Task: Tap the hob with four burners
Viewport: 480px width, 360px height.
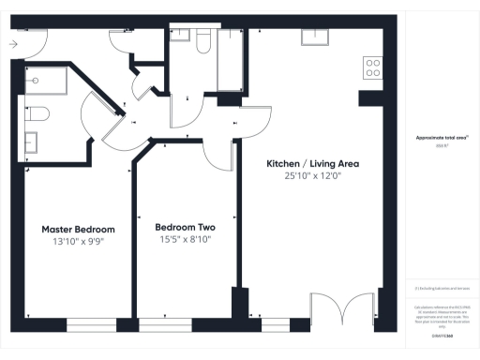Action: coord(372,67)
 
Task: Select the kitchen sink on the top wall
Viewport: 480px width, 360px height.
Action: coord(314,37)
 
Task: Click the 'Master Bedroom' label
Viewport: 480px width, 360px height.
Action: coord(78,229)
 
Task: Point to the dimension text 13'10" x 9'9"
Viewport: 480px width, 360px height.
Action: coord(78,241)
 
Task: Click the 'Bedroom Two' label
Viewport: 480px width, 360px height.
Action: coord(185,227)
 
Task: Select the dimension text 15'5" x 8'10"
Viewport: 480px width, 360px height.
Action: coord(185,239)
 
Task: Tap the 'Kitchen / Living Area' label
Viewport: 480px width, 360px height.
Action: coord(313,163)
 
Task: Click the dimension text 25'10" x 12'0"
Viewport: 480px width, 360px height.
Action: coord(313,175)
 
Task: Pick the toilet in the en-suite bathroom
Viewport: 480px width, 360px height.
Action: coord(37,114)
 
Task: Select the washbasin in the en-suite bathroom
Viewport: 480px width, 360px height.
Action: coord(31,142)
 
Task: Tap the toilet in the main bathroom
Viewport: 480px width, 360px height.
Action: coord(203,39)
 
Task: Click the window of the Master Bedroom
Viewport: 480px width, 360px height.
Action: coord(92,324)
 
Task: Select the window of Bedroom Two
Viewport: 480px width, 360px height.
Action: coord(163,324)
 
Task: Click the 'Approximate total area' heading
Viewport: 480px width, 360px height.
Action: coord(442,137)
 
